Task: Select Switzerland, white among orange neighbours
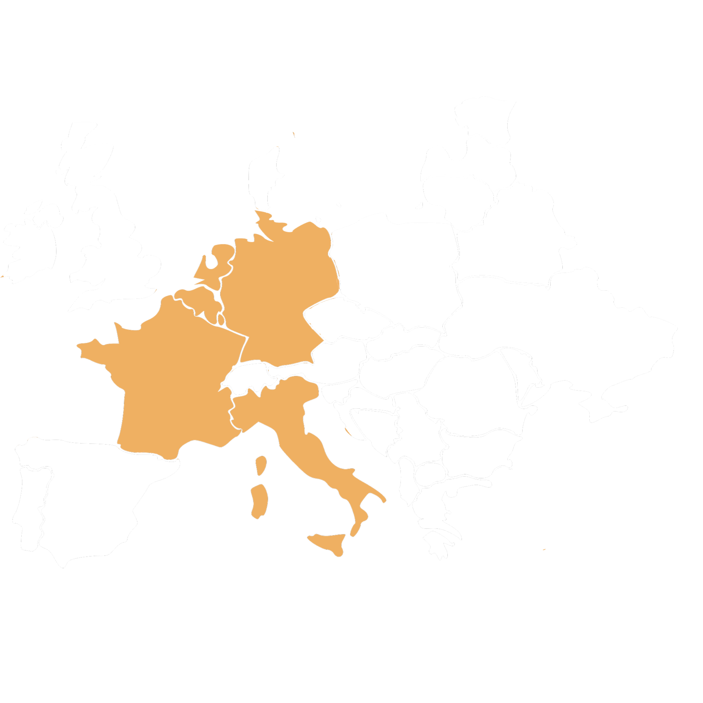click(x=248, y=378)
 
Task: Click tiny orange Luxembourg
click(x=221, y=320)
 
